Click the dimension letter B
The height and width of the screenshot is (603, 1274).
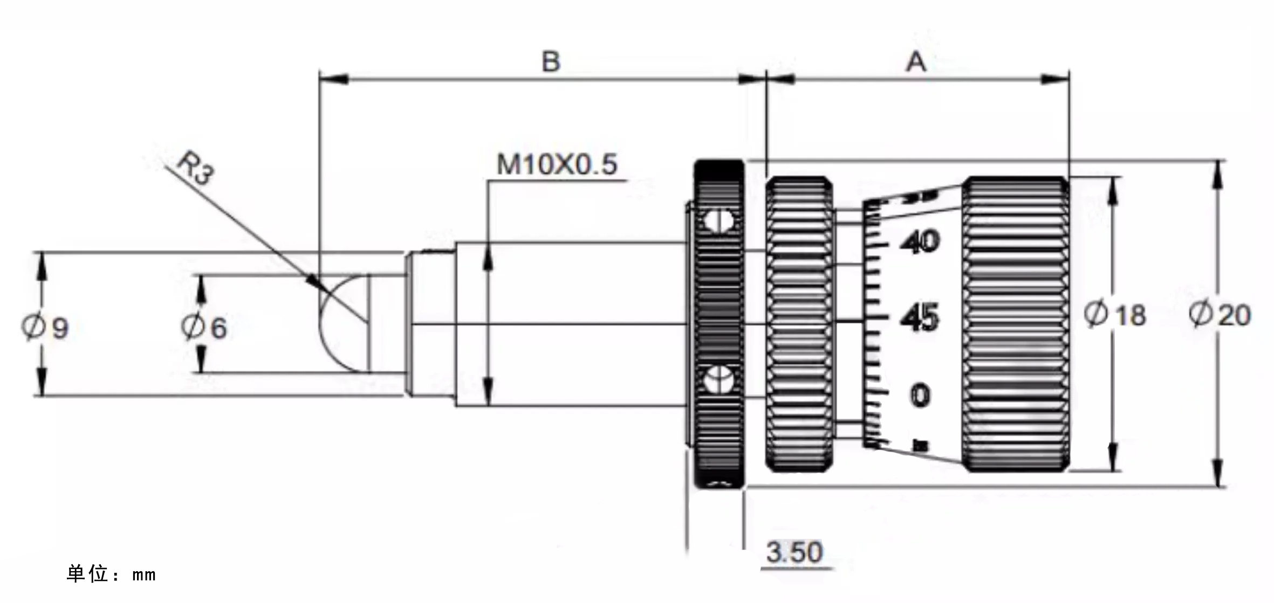(x=551, y=62)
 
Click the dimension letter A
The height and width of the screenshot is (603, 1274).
(x=916, y=62)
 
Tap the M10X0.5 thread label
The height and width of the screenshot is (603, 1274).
(x=556, y=164)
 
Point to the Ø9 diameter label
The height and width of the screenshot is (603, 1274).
(x=45, y=327)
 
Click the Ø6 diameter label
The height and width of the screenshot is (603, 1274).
(x=204, y=327)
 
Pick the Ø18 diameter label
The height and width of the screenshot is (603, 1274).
(x=1115, y=315)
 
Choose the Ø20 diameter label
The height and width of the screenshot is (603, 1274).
(x=1220, y=315)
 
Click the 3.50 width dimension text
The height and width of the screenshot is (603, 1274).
(x=794, y=552)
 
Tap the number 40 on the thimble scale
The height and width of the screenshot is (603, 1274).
(x=920, y=241)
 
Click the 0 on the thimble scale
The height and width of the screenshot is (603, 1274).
(x=920, y=395)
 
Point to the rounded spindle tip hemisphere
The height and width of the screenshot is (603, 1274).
(x=343, y=323)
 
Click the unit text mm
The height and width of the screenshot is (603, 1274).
(x=144, y=575)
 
